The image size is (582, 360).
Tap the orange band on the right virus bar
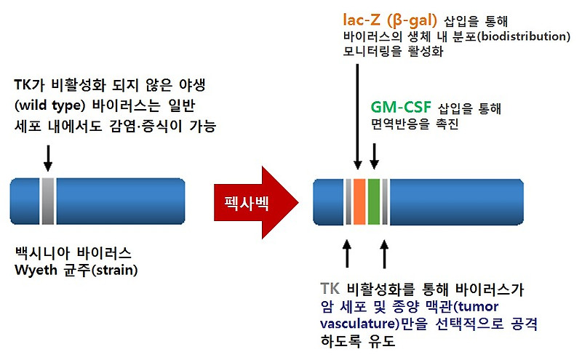(x=359, y=201)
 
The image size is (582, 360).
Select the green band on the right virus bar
(x=375, y=201)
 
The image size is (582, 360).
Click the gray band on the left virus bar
(x=48, y=201)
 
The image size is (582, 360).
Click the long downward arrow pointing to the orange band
(x=358, y=117)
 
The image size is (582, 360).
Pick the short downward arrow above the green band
(x=375, y=153)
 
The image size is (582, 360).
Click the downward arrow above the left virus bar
(x=48, y=156)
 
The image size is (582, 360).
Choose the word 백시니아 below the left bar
(x=43, y=254)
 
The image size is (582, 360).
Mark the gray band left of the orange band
(x=348, y=201)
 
